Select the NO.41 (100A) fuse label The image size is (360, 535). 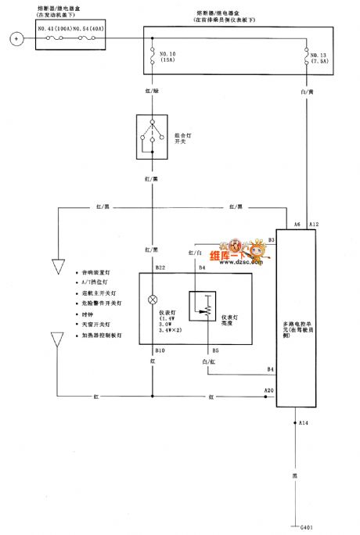53,29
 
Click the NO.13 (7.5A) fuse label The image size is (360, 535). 319,59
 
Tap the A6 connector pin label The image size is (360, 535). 297,225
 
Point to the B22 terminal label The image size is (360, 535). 160,267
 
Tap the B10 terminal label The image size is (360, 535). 160,350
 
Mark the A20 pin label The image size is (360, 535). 268,390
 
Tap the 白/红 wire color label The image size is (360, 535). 208,363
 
